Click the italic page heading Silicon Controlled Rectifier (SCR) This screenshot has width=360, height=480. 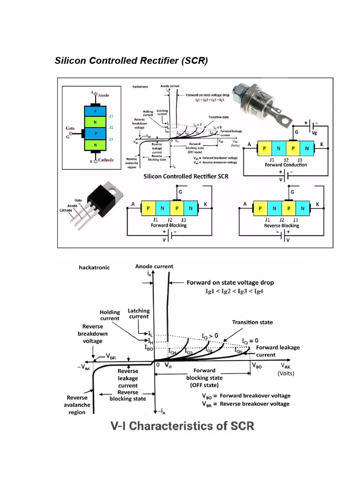pos(131,61)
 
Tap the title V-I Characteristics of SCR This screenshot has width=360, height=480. pos(182,426)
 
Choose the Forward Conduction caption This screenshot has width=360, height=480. pos(286,165)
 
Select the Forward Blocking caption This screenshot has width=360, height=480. pos(169,225)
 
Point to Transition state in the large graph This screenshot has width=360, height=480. pos(252,322)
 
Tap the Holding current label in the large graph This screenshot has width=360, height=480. pos(110,315)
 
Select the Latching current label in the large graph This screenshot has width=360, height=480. pos(139,314)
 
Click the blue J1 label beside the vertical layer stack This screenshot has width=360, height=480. pos(111,115)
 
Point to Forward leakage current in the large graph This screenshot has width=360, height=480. pos(277,351)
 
